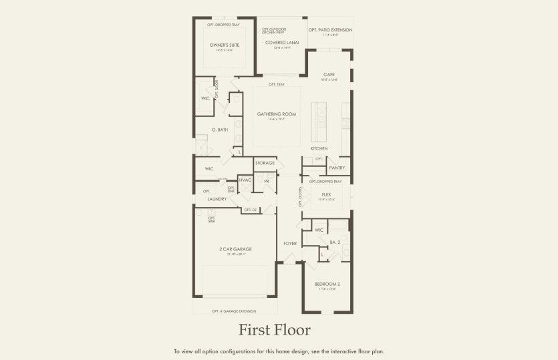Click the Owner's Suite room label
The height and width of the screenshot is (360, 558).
pos(224,45)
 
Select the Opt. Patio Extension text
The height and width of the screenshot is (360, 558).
pos(330,30)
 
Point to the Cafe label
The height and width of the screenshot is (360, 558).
pos(329,74)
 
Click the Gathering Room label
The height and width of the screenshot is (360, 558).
pos(276,114)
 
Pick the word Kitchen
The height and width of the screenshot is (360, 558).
pos(319,148)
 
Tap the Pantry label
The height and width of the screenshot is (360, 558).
pos(337,168)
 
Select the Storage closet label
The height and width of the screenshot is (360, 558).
pos(265,163)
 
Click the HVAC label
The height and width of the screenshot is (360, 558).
pos(245,181)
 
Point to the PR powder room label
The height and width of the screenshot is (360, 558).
pos(266,181)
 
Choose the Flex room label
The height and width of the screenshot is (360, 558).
pos(326,194)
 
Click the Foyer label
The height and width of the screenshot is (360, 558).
pos(289,243)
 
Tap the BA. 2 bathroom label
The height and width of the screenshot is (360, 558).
pos(335,242)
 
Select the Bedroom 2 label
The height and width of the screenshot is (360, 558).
pos(327,285)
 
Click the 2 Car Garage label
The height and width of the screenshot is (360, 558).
pos(235,248)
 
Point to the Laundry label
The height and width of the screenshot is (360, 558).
pos(217,199)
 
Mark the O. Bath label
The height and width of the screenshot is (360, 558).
pos(221,130)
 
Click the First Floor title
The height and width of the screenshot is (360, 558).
pos(275,330)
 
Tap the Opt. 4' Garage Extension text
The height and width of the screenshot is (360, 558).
pos(234,311)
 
